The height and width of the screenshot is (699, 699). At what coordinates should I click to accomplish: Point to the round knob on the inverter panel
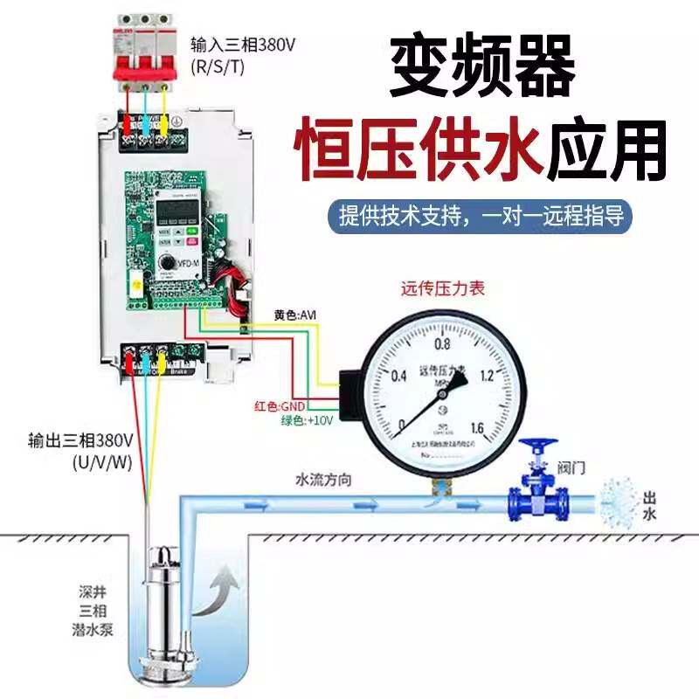tap(166, 262)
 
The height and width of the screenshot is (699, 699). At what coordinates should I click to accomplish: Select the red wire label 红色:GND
tap(278, 406)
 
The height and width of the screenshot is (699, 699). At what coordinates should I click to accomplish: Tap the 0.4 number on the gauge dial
tap(399, 377)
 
